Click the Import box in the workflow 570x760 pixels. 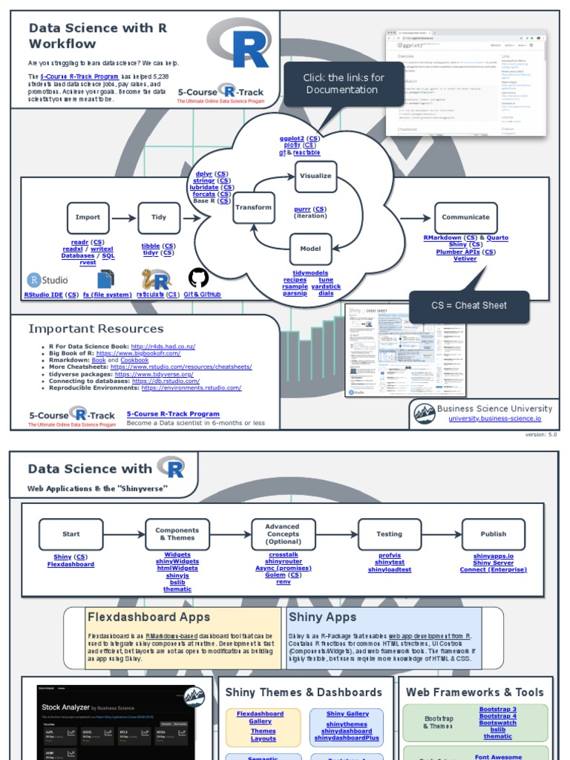tap(88, 217)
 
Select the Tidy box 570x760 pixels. tap(159, 217)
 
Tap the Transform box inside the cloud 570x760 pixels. tap(254, 208)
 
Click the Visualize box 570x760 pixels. tap(315, 177)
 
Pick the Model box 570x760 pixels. tap(310, 249)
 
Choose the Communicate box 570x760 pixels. tap(465, 217)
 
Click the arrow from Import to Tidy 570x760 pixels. tap(123, 217)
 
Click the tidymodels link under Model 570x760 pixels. tap(311, 273)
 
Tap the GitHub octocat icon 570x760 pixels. tap(198, 278)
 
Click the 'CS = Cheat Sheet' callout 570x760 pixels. tap(469, 306)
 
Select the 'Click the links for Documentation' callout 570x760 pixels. tap(343, 84)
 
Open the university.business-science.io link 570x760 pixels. tap(494, 419)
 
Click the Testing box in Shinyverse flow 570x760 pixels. tap(389, 534)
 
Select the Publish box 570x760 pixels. tap(493, 534)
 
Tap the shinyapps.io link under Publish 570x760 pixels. tap(493, 556)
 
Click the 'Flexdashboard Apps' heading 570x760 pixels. tap(148, 617)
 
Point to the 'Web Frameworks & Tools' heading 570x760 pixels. tap(474, 692)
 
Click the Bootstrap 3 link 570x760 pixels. tap(497, 710)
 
